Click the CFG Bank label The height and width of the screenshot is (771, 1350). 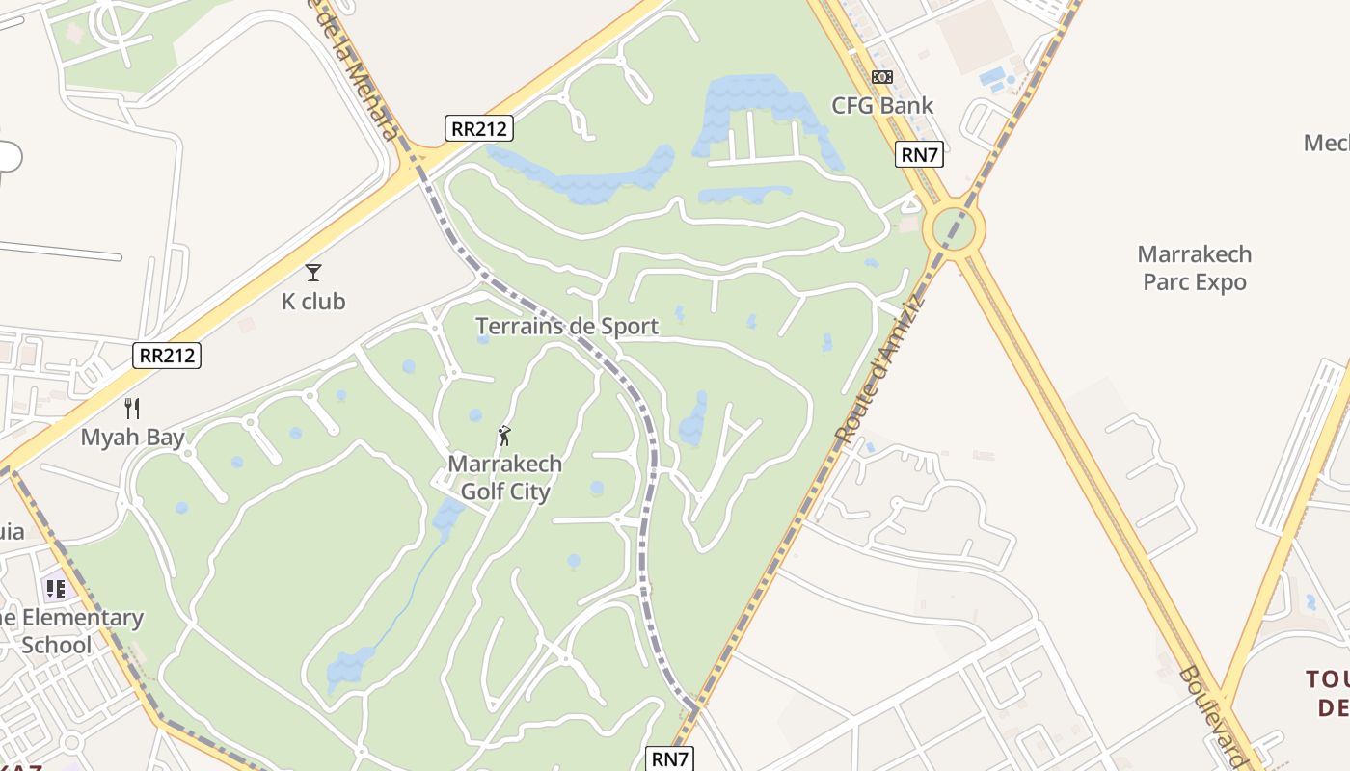pyautogui.click(x=882, y=106)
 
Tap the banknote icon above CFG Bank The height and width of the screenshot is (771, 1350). pyautogui.click(x=882, y=77)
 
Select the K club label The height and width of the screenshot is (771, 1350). pyautogui.click(x=313, y=302)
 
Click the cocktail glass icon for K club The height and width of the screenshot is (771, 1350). pyautogui.click(x=313, y=273)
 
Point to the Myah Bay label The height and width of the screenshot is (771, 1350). pyautogui.click(x=132, y=438)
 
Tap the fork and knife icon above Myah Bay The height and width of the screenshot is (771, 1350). pyautogui.click(x=132, y=409)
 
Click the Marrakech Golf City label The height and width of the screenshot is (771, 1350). pyautogui.click(x=504, y=478)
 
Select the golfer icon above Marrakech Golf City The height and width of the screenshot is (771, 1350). pyautogui.click(x=504, y=437)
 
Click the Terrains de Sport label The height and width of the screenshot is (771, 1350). pyautogui.click(x=567, y=326)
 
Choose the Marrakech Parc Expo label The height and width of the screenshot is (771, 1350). pyautogui.click(x=1195, y=268)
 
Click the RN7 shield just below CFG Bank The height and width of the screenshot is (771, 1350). pyautogui.click(x=919, y=154)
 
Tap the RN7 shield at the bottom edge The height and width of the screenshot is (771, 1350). pyautogui.click(x=669, y=758)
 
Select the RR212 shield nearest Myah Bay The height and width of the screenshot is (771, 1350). pyautogui.click(x=167, y=356)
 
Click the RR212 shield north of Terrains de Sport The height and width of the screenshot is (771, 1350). pyautogui.click(x=478, y=128)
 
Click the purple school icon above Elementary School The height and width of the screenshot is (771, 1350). pyautogui.click(x=56, y=588)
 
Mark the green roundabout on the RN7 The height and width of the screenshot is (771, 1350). pyautogui.click(x=954, y=229)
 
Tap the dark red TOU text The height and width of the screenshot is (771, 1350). pyautogui.click(x=1327, y=680)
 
